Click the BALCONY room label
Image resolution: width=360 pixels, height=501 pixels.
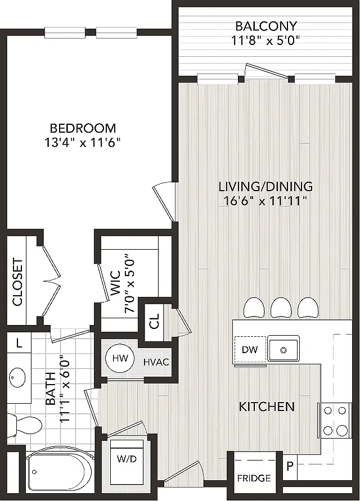pyautogui.click(x=266, y=25)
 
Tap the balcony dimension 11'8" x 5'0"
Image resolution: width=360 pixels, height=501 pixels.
pyautogui.click(x=265, y=41)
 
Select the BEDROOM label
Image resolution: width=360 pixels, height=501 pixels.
pyautogui.click(x=83, y=128)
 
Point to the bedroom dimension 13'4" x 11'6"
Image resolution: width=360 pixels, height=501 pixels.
pyautogui.click(x=82, y=143)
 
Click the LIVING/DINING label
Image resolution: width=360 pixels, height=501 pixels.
pyautogui.click(x=265, y=186)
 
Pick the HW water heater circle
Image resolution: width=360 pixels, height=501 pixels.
pyautogui.click(x=120, y=358)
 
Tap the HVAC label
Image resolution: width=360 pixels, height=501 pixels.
pyautogui.click(x=156, y=362)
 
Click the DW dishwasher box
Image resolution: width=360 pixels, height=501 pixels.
pyautogui.click(x=250, y=350)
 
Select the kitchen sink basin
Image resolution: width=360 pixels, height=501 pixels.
pyautogui.click(x=283, y=350)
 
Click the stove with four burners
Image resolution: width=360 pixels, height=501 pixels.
pyautogui.click(x=335, y=420)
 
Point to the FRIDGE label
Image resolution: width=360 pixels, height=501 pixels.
pyautogui.click(x=254, y=478)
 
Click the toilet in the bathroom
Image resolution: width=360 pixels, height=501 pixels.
pyautogui.click(x=25, y=425)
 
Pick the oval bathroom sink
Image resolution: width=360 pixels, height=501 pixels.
pyautogui.click(x=17, y=377)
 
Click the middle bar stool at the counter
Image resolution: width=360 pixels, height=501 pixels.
pyautogui.click(x=281, y=308)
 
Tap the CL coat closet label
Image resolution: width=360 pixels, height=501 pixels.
pyautogui.click(x=154, y=321)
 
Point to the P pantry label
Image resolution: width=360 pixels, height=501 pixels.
pyautogui.click(x=290, y=467)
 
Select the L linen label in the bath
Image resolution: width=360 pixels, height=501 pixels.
pyautogui.click(x=19, y=344)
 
